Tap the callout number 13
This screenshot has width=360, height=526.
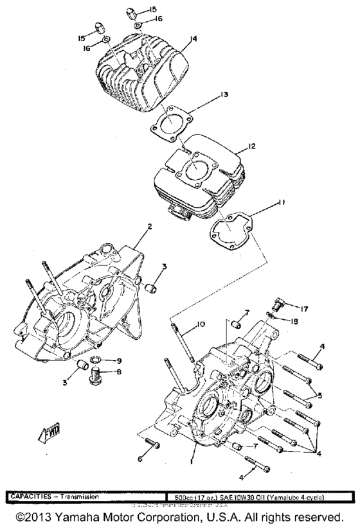pyautogui.click(x=223, y=95)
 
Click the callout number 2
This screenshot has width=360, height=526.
pyautogui.click(x=149, y=227)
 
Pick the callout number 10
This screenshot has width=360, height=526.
pyautogui.click(x=201, y=324)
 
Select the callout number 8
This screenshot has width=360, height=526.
pyautogui.click(x=118, y=372)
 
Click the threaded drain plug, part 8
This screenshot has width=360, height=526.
pyautogui.click(x=96, y=372)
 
